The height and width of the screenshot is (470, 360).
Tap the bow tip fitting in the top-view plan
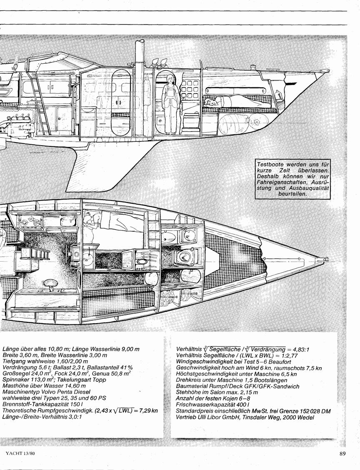pyautogui.click(x=325, y=257)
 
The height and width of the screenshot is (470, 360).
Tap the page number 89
pyautogui.click(x=342, y=453)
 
